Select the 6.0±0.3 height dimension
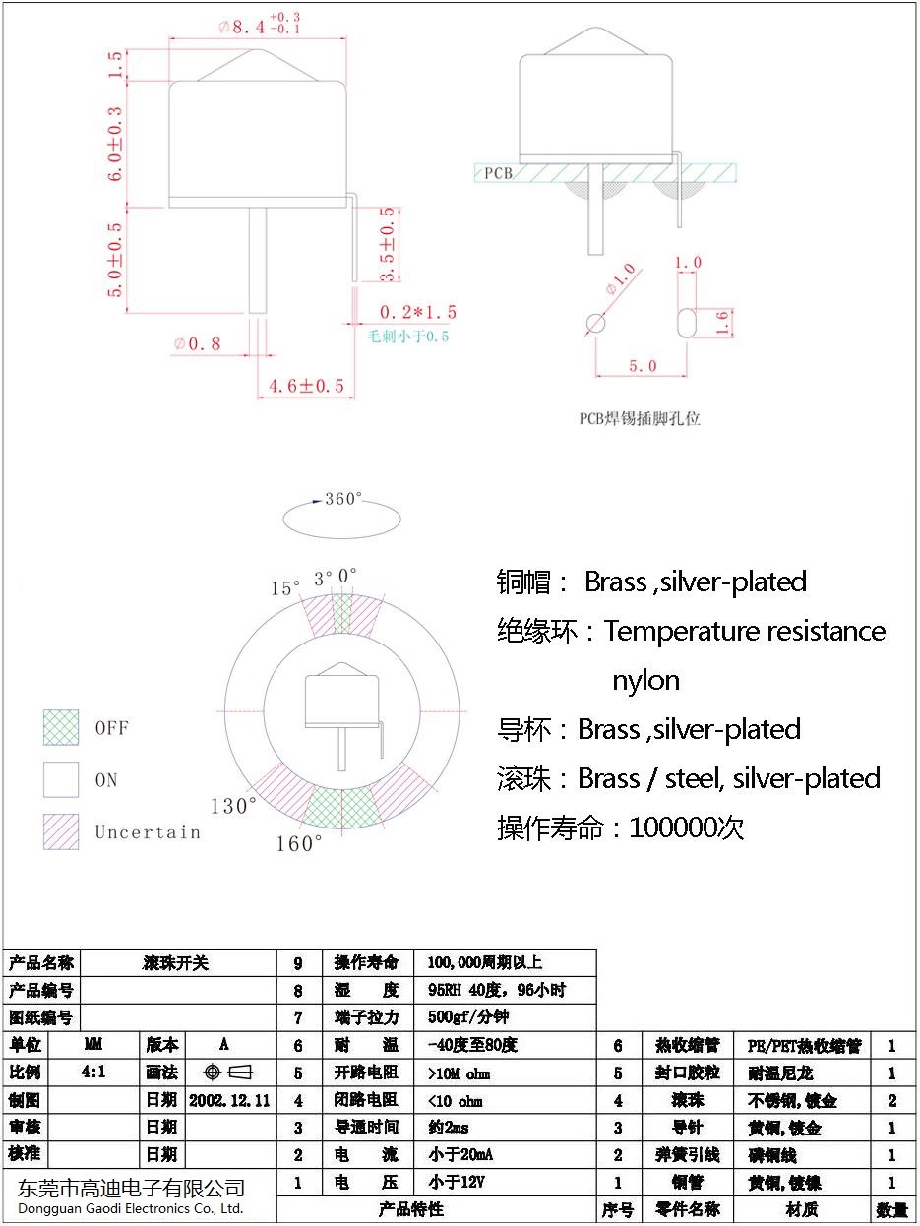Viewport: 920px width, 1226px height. pyautogui.click(x=115, y=144)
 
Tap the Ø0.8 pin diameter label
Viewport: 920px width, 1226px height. pyautogui.click(x=198, y=344)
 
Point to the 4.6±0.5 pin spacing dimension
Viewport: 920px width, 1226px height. pyautogui.click(x=307, y=386)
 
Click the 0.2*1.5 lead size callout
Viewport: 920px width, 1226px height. pyautogui.click(x=418, y=312)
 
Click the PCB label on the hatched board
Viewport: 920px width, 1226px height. pyautogui.click(x=498, y=173)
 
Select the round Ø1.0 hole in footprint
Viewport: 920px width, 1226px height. pyautogui.click(x=596, y=323)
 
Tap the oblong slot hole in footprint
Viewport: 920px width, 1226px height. pyautogui.click(x=687, y=322)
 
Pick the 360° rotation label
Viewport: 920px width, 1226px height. pyautogui.click(x=343, y=499)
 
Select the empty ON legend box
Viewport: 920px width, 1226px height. pyautogui.click(x=61, y=779)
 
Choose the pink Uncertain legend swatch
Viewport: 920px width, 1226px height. pyautogui.click(x=61, y=831)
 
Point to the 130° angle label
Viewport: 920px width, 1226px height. pyautogui.click(x=233, y=806)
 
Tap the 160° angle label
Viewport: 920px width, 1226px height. pyautogui.click(x=299, y=843)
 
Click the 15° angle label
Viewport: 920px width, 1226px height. pyautogui.click(x=285, y=588)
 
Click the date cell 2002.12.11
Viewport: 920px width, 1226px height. pyautogui.click(x=229, y=1099)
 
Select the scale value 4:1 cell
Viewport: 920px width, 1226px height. pyautogui.click(x=94, y=1072)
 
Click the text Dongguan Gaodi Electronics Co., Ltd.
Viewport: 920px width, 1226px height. pyautogui.click(x=131, y=1208)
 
